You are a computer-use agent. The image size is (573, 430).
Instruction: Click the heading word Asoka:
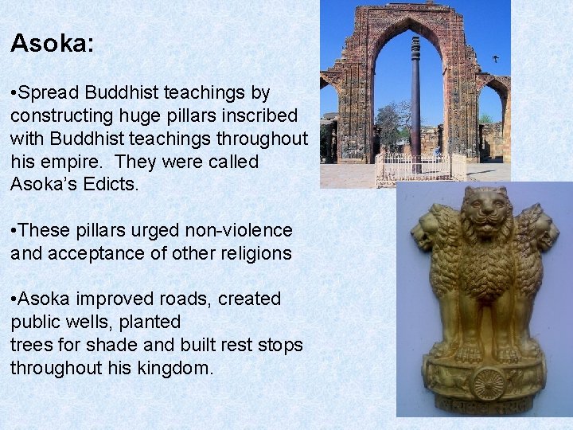pyautogui.click(x=52, y=43)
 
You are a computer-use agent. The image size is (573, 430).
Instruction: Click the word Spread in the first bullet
pyautogui.click(x=45, y=94)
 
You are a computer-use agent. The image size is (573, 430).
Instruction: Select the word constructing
pyautogui.click(x=60, y=116)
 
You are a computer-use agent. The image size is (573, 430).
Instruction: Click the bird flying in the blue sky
pyautogui.click(x=496, y=59)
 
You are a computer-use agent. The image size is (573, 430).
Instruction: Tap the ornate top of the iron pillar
pyautogui.click(x=415, y=40)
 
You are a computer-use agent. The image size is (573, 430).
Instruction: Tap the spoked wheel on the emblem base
pyautogui.click(x=488, y=383)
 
